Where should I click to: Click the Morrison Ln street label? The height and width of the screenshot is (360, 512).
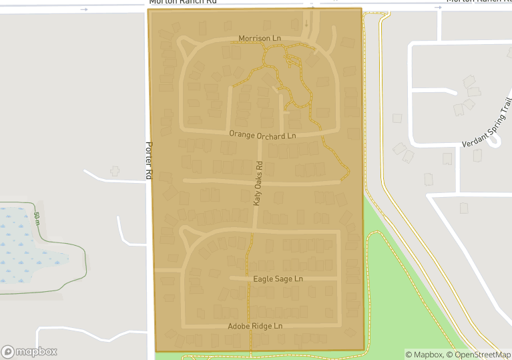pyautogui.click(x=255, y=39)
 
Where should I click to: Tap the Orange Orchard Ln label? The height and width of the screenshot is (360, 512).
pyautogui.click(x=262, y=135)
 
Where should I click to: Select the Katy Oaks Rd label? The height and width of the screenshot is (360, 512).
pyautogui.click(x=258, y=183)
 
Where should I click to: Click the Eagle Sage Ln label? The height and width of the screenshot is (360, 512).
pyautogui.click(x=278, y=279)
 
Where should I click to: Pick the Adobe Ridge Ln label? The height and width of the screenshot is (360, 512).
pyautogui.click(x=255, y=326)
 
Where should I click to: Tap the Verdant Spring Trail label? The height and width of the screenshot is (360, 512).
pyautogui.click(x=488, y=124)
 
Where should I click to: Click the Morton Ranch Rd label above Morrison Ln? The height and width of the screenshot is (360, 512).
pyautogui.click(x=184, y=2)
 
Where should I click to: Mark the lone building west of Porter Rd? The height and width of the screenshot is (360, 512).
pyautogui.click(x=115, y=171)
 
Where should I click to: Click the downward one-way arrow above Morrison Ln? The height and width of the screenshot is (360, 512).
pyautogui.click(x=306, y=23)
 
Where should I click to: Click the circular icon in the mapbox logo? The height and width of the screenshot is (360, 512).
pyautogui.click(x=8, y=351)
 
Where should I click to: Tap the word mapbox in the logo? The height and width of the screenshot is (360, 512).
pyautogui.click(x=37, y=351)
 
